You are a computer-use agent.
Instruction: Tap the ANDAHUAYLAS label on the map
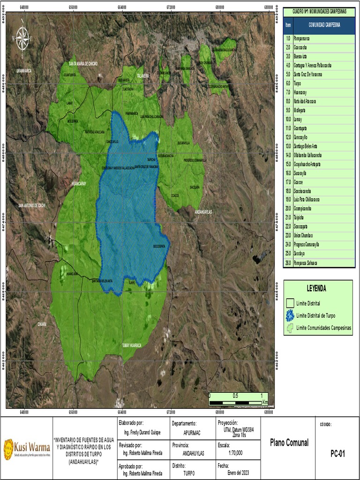coord(203,212)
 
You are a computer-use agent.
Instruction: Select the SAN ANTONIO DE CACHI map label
coord(32,205)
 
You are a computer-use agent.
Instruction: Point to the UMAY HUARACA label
coord(132,345)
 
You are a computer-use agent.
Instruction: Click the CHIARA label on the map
coord(42,324)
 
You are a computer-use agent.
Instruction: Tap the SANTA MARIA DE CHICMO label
coord(83,63)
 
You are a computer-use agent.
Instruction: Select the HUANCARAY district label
coord(80,184)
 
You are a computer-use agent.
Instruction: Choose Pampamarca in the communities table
coord(305,38)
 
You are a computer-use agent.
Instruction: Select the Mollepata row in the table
coord(302,110)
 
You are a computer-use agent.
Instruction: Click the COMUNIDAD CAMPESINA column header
coord(324,25)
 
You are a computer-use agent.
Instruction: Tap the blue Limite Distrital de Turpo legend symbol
coord(290,315)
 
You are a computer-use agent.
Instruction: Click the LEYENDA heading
coord(316,289)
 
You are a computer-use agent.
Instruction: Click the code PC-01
coord(337,453)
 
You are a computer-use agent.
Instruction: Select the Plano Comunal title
coord(289,443)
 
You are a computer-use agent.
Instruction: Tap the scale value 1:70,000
coord(235,453)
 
